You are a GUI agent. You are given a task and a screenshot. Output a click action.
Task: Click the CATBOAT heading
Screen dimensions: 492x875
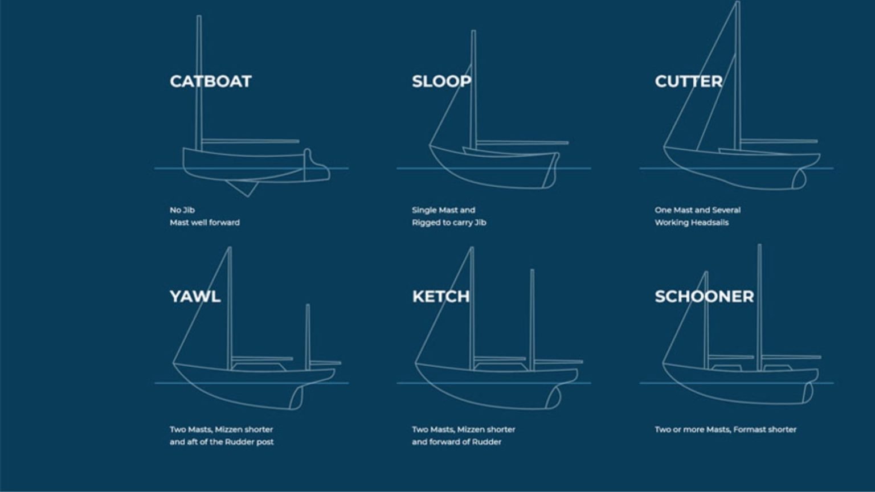[210, 81]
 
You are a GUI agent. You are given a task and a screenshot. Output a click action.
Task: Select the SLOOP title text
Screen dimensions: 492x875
[441, 81]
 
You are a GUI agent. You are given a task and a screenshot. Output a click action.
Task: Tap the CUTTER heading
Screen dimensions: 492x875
[688, 81]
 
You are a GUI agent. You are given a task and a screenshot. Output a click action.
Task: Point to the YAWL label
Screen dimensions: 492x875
[195, 297]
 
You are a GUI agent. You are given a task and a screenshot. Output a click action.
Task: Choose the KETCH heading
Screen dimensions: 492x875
[441, 297]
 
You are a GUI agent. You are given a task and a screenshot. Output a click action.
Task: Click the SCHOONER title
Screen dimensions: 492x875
[704, 297]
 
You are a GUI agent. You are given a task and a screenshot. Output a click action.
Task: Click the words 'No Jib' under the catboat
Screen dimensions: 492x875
[182, 210]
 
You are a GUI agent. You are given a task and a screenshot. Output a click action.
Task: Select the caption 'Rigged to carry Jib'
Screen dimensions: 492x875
[449, 223]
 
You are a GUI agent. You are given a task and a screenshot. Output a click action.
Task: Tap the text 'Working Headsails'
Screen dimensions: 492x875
[692, 223]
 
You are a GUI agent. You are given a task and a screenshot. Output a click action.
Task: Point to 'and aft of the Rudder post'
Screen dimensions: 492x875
[222, 442]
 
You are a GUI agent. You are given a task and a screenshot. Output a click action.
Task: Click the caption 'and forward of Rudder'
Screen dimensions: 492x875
[456, 442]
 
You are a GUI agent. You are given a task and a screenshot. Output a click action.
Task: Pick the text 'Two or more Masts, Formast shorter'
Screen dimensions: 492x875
[725, 429]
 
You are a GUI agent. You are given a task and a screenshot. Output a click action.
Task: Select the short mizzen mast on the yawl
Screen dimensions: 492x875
[308, 336]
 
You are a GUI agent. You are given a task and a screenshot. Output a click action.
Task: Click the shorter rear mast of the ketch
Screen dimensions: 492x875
[532, 319]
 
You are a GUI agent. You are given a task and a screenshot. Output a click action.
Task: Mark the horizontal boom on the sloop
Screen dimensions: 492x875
[521, 142]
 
